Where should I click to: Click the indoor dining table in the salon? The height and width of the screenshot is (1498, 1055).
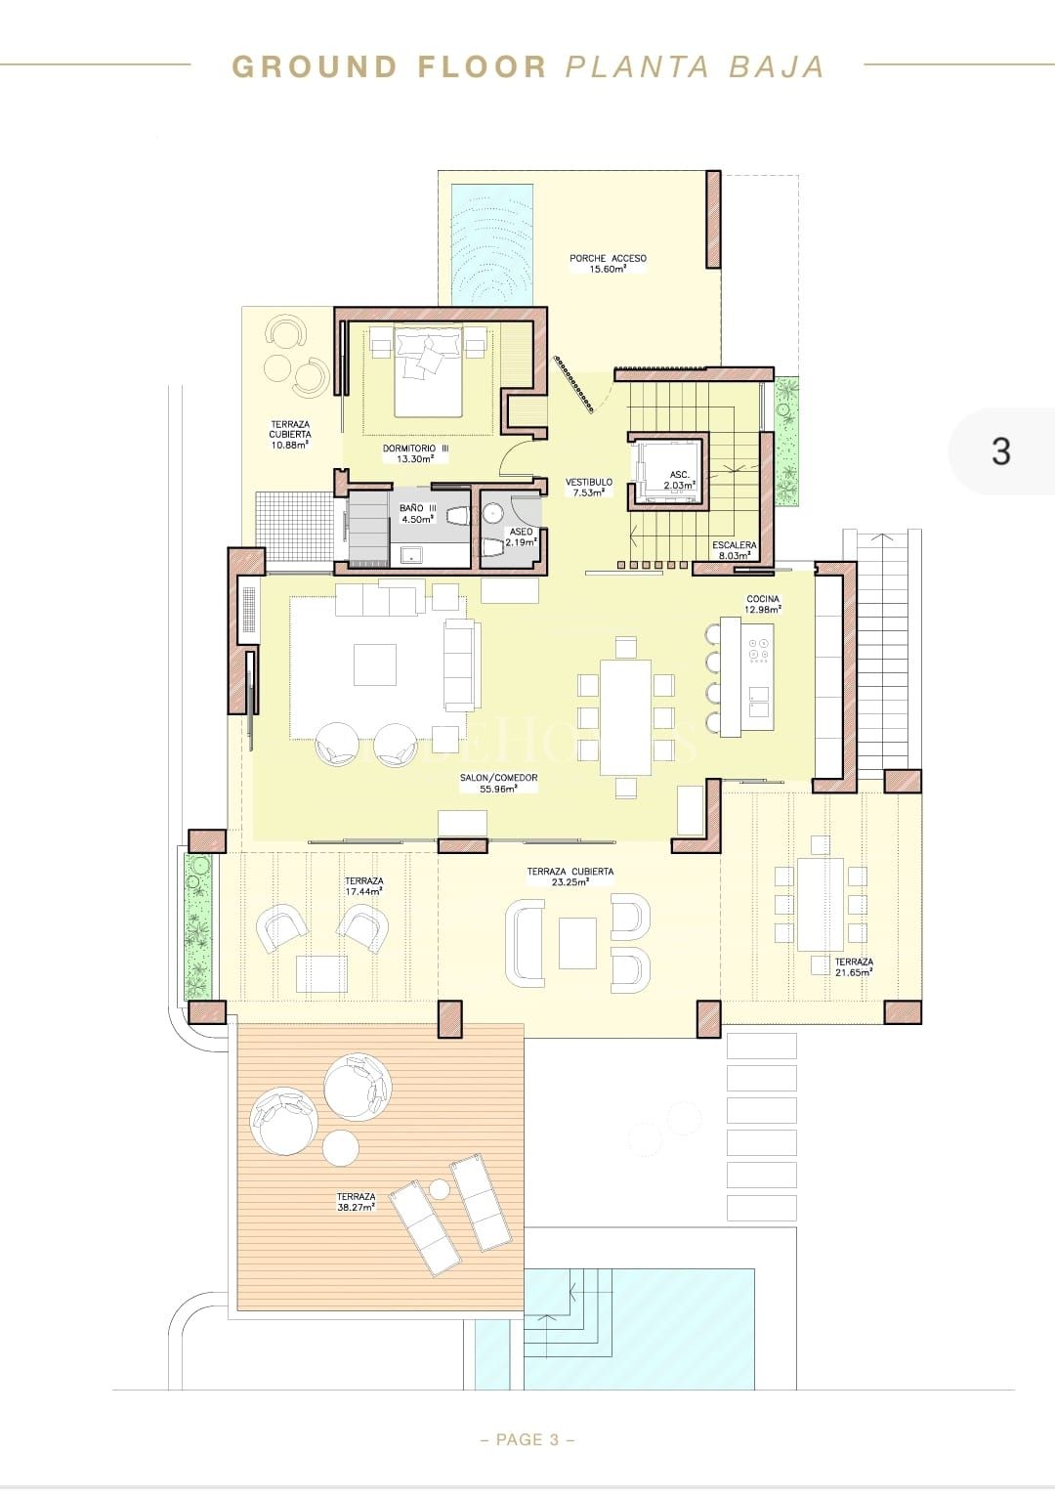point(625,716)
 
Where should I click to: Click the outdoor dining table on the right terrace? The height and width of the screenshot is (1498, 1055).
point(820,905)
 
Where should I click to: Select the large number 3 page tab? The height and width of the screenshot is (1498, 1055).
point(1000,451)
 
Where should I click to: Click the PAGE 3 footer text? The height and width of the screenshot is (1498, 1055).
point(527,1439)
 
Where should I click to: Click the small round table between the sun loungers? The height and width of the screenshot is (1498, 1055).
point(440,1188)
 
